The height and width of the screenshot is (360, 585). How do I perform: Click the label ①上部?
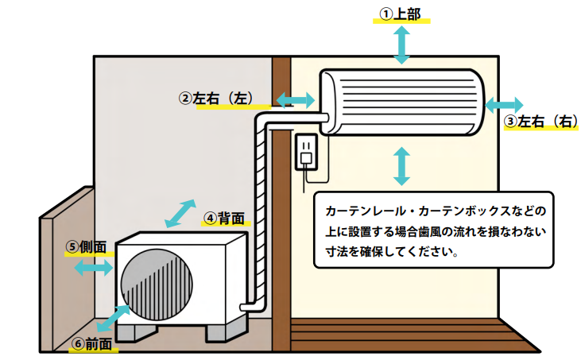point(401,14)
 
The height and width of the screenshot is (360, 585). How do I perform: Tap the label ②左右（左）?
point(216,99)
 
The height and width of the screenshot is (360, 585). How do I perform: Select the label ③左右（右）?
point(541,122)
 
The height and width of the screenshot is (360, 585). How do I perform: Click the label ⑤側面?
point(86,247)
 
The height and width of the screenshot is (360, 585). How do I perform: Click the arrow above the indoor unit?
point(401,45)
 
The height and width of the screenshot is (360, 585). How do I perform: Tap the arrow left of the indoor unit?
point(296,100)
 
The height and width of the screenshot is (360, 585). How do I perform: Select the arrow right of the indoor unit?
point(504,105)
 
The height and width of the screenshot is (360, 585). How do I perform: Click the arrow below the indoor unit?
point(402,166)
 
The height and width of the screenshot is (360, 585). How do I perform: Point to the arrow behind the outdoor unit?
point(180,214)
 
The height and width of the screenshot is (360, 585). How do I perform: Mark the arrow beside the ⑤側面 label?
point(93,268)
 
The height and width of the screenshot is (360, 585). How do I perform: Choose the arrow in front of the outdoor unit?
point(113,318)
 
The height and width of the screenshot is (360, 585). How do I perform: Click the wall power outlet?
point(307,152)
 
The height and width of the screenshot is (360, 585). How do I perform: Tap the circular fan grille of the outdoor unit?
point(157,285)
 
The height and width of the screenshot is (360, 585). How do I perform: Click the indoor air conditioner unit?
point(402,102)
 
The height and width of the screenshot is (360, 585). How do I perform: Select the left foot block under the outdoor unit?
point(136,332)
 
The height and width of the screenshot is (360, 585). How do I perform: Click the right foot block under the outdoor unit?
point(227,331)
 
